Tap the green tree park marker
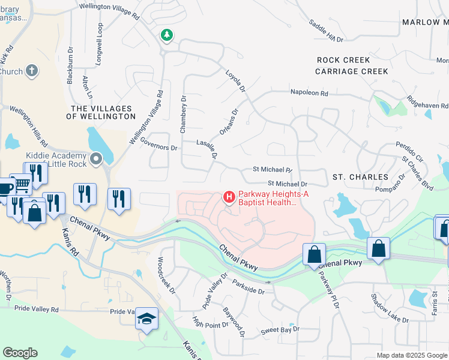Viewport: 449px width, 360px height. point(166,35)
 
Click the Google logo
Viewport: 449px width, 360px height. point(20,353)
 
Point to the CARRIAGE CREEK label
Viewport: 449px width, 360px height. point(352,71)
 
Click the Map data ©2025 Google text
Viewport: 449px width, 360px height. point(412,355)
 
